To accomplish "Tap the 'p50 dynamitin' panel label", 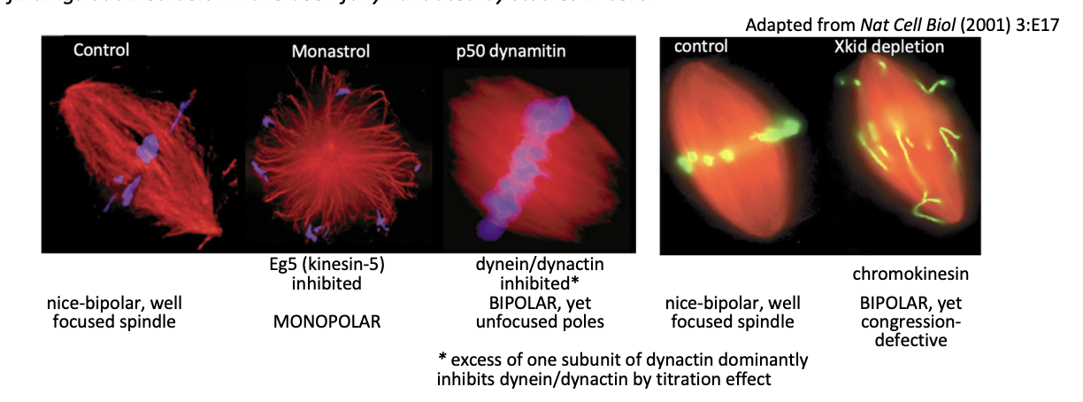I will point(504,52).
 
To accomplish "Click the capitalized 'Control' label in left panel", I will point(101,50).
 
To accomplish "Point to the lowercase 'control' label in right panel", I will point(701,47).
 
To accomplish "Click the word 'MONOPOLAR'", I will point(326,321).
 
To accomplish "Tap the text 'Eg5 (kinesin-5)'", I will point(326,266).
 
